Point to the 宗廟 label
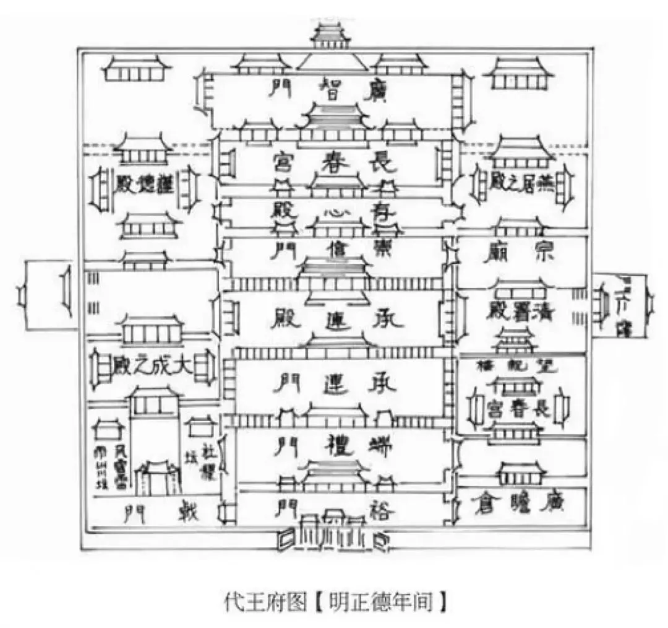point(521,253)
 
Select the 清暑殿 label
point(521,311)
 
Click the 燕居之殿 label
point(523,181)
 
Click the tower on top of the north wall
point(331,35)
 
